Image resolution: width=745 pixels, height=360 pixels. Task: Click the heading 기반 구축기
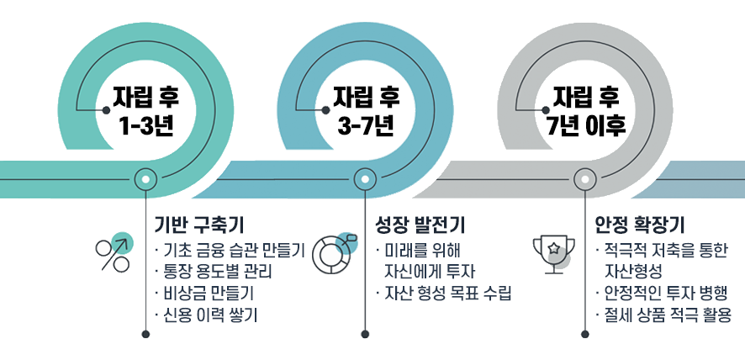coord(199,225)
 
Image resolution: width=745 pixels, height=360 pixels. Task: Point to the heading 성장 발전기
coord(420,225)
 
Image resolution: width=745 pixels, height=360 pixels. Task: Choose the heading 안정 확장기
coord(639,225)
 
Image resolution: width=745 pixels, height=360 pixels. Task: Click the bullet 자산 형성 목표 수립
coord(442,294)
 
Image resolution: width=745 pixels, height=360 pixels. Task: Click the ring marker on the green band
coord(145,178)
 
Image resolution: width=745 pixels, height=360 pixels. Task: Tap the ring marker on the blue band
coord(364,178)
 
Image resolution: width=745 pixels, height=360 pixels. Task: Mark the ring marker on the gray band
coord(584,178)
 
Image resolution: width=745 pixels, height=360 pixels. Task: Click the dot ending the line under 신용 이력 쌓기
coord(145,334)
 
